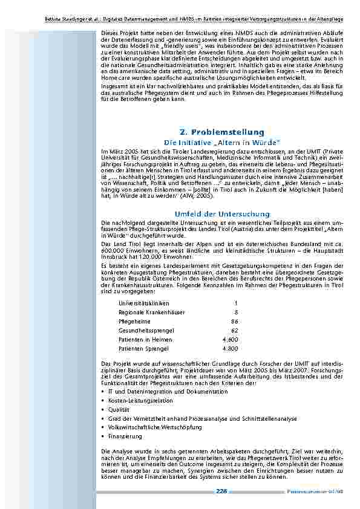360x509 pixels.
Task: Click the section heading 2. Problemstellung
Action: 222,132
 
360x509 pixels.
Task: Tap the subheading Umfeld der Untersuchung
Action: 222,231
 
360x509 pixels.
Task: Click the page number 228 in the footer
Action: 221,492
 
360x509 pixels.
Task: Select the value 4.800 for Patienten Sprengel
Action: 230,349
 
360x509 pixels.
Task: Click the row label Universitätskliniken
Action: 144,303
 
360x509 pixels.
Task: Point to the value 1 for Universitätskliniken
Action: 236,303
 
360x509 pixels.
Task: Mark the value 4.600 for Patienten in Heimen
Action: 230,340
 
